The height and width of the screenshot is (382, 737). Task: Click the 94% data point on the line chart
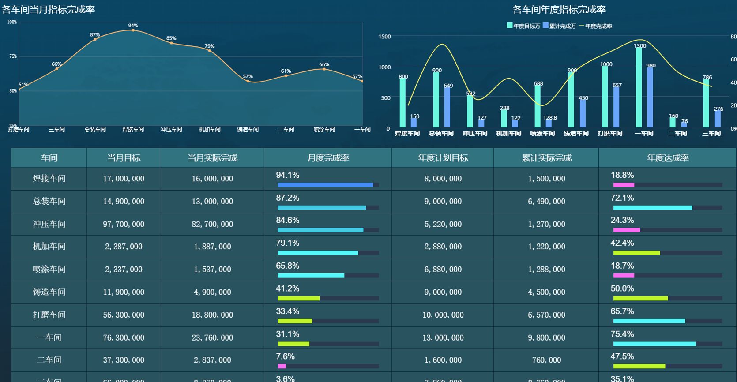133,30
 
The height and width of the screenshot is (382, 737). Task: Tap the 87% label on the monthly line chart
95,34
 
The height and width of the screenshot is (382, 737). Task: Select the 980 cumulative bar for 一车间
650,97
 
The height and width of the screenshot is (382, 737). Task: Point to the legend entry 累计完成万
559,26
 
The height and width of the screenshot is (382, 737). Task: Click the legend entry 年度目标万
523,26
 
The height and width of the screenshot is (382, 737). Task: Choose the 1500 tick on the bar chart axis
384,37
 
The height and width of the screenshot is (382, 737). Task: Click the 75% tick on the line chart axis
13,56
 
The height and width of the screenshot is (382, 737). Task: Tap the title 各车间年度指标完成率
559,10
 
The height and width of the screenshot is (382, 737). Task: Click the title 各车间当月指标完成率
48,10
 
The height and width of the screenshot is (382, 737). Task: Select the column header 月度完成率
328,158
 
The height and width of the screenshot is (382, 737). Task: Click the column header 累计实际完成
546,158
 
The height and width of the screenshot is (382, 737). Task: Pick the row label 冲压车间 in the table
49,224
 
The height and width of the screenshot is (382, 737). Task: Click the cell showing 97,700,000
124,224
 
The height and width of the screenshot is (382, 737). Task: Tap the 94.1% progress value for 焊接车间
288,175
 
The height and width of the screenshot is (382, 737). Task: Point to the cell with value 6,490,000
546,202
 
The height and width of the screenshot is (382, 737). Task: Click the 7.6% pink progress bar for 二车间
282,366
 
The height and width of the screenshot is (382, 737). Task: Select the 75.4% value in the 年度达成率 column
622,334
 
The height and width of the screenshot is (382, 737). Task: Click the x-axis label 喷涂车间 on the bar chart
542,133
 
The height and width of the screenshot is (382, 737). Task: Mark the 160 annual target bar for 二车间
673,122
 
